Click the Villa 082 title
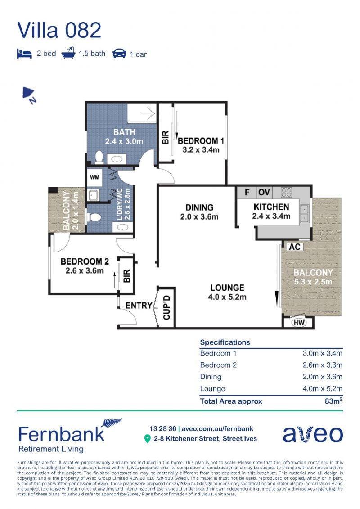[59, 30]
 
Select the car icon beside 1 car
[119, 54]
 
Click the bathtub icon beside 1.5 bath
[68, 53]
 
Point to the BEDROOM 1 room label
[201, 141]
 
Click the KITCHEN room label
[271, 207]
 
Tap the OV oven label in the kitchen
[264, 193]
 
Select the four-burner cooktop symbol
[286, 192]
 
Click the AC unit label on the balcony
[294, 247]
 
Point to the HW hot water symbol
[299, 323]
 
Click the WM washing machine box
[95, 177]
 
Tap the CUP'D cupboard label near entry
[166, 307]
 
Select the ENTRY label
[139, 306]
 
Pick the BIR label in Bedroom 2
[127, 276]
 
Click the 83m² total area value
[334, 401]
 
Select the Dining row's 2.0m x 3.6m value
[322, 377]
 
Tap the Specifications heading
[225, 342]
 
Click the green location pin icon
[148, 439]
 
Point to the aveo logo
[313, 434]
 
